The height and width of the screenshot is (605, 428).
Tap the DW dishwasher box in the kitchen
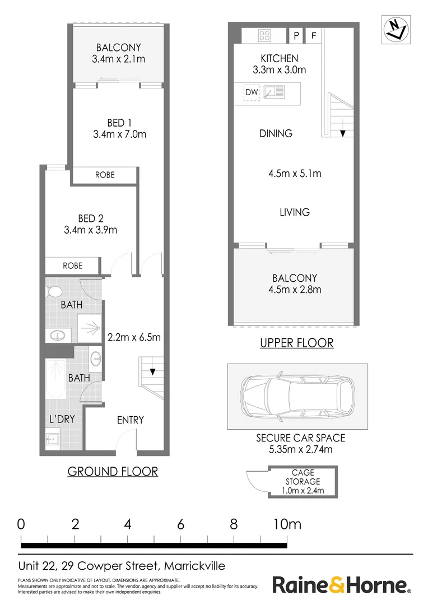252,92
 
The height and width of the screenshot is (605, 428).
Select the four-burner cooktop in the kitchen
264,36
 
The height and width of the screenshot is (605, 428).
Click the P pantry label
296,36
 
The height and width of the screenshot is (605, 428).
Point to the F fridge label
314,36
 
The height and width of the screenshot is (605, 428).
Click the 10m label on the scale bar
287,524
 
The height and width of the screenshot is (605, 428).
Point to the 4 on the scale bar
128,524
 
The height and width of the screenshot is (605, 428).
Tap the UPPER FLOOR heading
296,343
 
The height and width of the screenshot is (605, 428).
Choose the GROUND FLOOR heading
113,471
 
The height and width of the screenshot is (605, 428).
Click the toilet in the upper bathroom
54,292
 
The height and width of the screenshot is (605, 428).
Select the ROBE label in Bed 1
105,175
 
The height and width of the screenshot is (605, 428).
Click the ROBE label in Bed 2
72,266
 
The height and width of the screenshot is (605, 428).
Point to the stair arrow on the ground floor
152,371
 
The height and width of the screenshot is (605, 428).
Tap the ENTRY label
131,420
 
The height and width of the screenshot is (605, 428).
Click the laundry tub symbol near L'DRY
54,440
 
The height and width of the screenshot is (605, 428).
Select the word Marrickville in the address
194,566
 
